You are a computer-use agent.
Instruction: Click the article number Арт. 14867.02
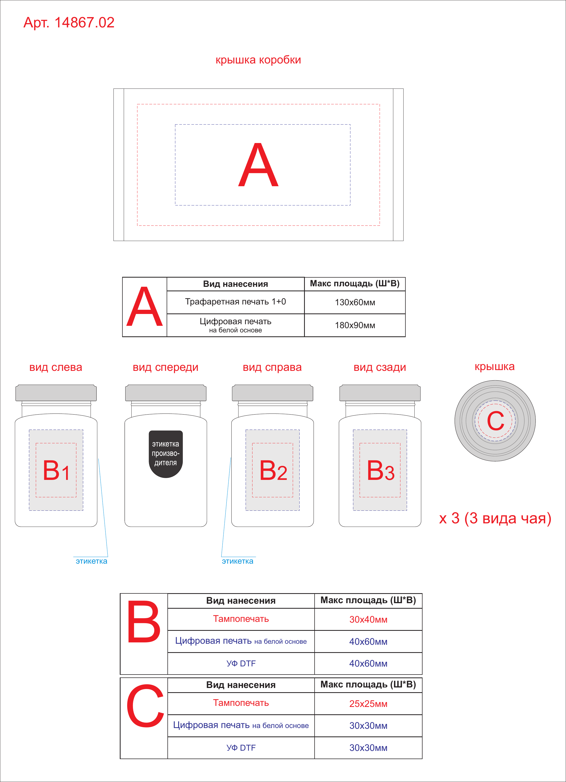(69, 23)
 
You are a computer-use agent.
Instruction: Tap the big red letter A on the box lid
(258, 165)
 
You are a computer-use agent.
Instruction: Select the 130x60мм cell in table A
(355, 302)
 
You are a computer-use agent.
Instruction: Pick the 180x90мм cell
(355, 325)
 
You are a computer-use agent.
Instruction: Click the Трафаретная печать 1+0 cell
(235, 302)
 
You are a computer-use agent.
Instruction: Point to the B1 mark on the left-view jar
(56, 470)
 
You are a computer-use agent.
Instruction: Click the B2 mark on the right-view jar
(273, 470)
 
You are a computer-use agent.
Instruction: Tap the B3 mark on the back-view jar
(381, 470)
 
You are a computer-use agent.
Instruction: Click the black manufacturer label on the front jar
(166, 454)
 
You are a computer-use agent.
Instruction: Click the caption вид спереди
(166, 367)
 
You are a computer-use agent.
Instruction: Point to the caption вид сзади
(380, 367)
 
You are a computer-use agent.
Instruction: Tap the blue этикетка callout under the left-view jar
(91, 561)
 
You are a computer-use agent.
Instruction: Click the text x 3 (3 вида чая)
(495, 518)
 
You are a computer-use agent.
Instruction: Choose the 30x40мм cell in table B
(368, 619)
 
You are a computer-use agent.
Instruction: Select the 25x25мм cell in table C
(368, 704)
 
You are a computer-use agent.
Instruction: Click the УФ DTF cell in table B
(241, 663)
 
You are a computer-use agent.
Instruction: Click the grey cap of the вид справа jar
(273, 393)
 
